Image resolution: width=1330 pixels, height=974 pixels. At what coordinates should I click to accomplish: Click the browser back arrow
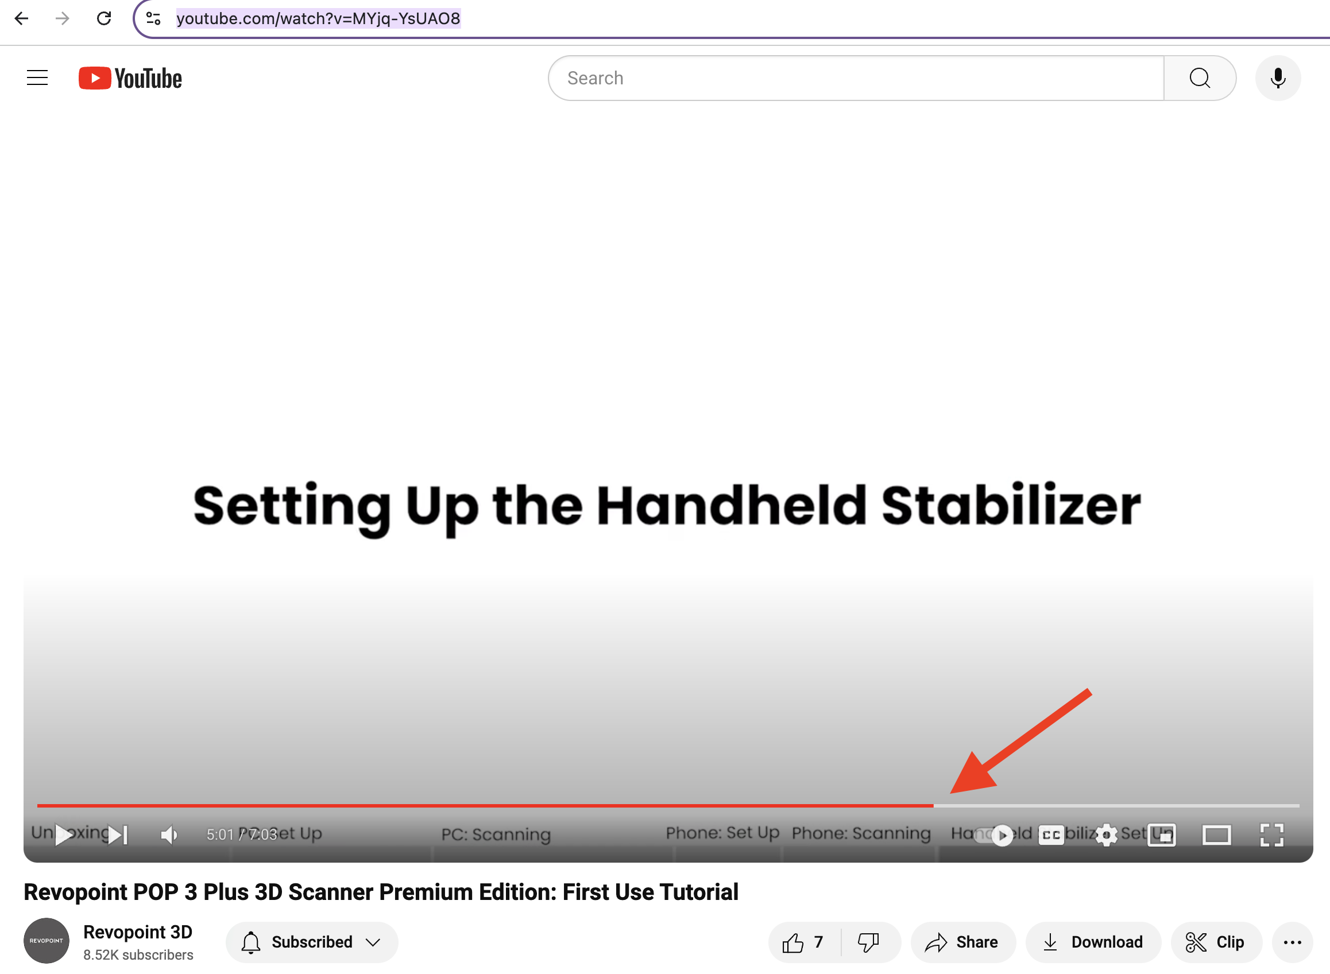22,19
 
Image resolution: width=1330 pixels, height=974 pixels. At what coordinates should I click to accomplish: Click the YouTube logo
130,79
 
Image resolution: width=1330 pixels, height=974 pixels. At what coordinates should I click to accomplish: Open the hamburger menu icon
37,78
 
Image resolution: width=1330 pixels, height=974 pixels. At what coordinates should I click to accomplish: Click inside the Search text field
855,79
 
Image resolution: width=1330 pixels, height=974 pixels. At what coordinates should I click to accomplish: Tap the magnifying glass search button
1199,79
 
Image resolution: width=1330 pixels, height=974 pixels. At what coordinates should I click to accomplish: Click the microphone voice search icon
1278,79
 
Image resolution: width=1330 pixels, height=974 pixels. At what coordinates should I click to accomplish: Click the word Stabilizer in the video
1010,505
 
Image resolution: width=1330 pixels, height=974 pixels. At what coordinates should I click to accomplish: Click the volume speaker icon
169,835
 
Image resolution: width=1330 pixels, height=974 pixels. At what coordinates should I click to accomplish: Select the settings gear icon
1106,836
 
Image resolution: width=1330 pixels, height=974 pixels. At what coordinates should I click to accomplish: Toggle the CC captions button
1050,836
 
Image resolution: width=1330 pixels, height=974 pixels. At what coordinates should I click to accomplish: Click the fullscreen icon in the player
1271,836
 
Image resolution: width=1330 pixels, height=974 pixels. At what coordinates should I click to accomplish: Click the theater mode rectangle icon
1216,836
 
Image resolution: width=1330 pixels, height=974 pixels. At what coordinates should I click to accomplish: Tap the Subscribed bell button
311,942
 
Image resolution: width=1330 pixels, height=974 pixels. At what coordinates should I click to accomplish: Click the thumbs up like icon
793,943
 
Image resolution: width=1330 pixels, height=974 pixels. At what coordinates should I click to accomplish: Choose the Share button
962,942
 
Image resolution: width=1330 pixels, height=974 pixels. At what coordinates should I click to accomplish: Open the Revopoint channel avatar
47,940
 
